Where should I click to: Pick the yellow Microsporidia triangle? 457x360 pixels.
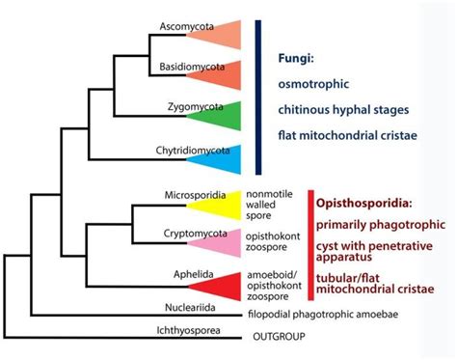(224, 206)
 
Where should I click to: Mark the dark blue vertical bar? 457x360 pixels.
(258, 97)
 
